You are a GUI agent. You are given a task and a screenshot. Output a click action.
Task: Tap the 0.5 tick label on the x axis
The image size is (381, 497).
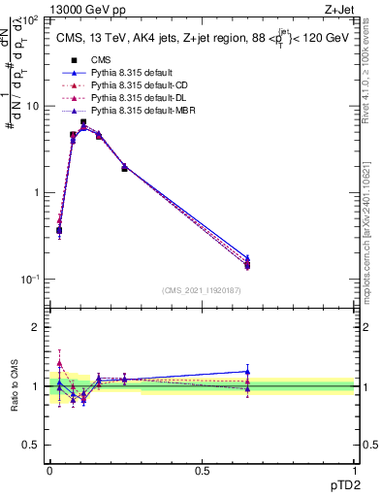202,471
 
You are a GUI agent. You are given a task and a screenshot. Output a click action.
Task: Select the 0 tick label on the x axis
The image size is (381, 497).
49,471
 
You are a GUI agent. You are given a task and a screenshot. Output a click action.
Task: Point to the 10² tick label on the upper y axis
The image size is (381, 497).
31,20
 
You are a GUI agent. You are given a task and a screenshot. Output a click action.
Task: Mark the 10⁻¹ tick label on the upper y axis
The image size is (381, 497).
30,279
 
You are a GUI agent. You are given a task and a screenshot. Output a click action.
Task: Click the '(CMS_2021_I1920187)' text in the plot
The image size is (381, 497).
201,289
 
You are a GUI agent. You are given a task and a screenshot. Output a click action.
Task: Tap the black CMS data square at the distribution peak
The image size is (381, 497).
84,122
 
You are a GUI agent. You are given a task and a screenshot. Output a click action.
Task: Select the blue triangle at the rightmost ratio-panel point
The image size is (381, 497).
247,371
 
